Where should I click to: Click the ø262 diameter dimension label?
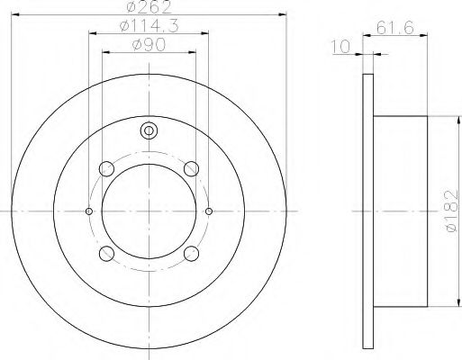(149, 6)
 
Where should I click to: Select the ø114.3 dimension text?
(149, 26)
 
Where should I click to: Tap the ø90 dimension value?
(149, 45)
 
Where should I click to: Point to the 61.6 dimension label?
(395, 28)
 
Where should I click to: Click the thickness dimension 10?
(340, 47)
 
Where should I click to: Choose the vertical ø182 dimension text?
(451, 211)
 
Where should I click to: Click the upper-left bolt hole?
(106, 168)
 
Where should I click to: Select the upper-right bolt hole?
(191, 168)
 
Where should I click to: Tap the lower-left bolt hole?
(106, 254)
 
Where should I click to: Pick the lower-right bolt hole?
(191, 254)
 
